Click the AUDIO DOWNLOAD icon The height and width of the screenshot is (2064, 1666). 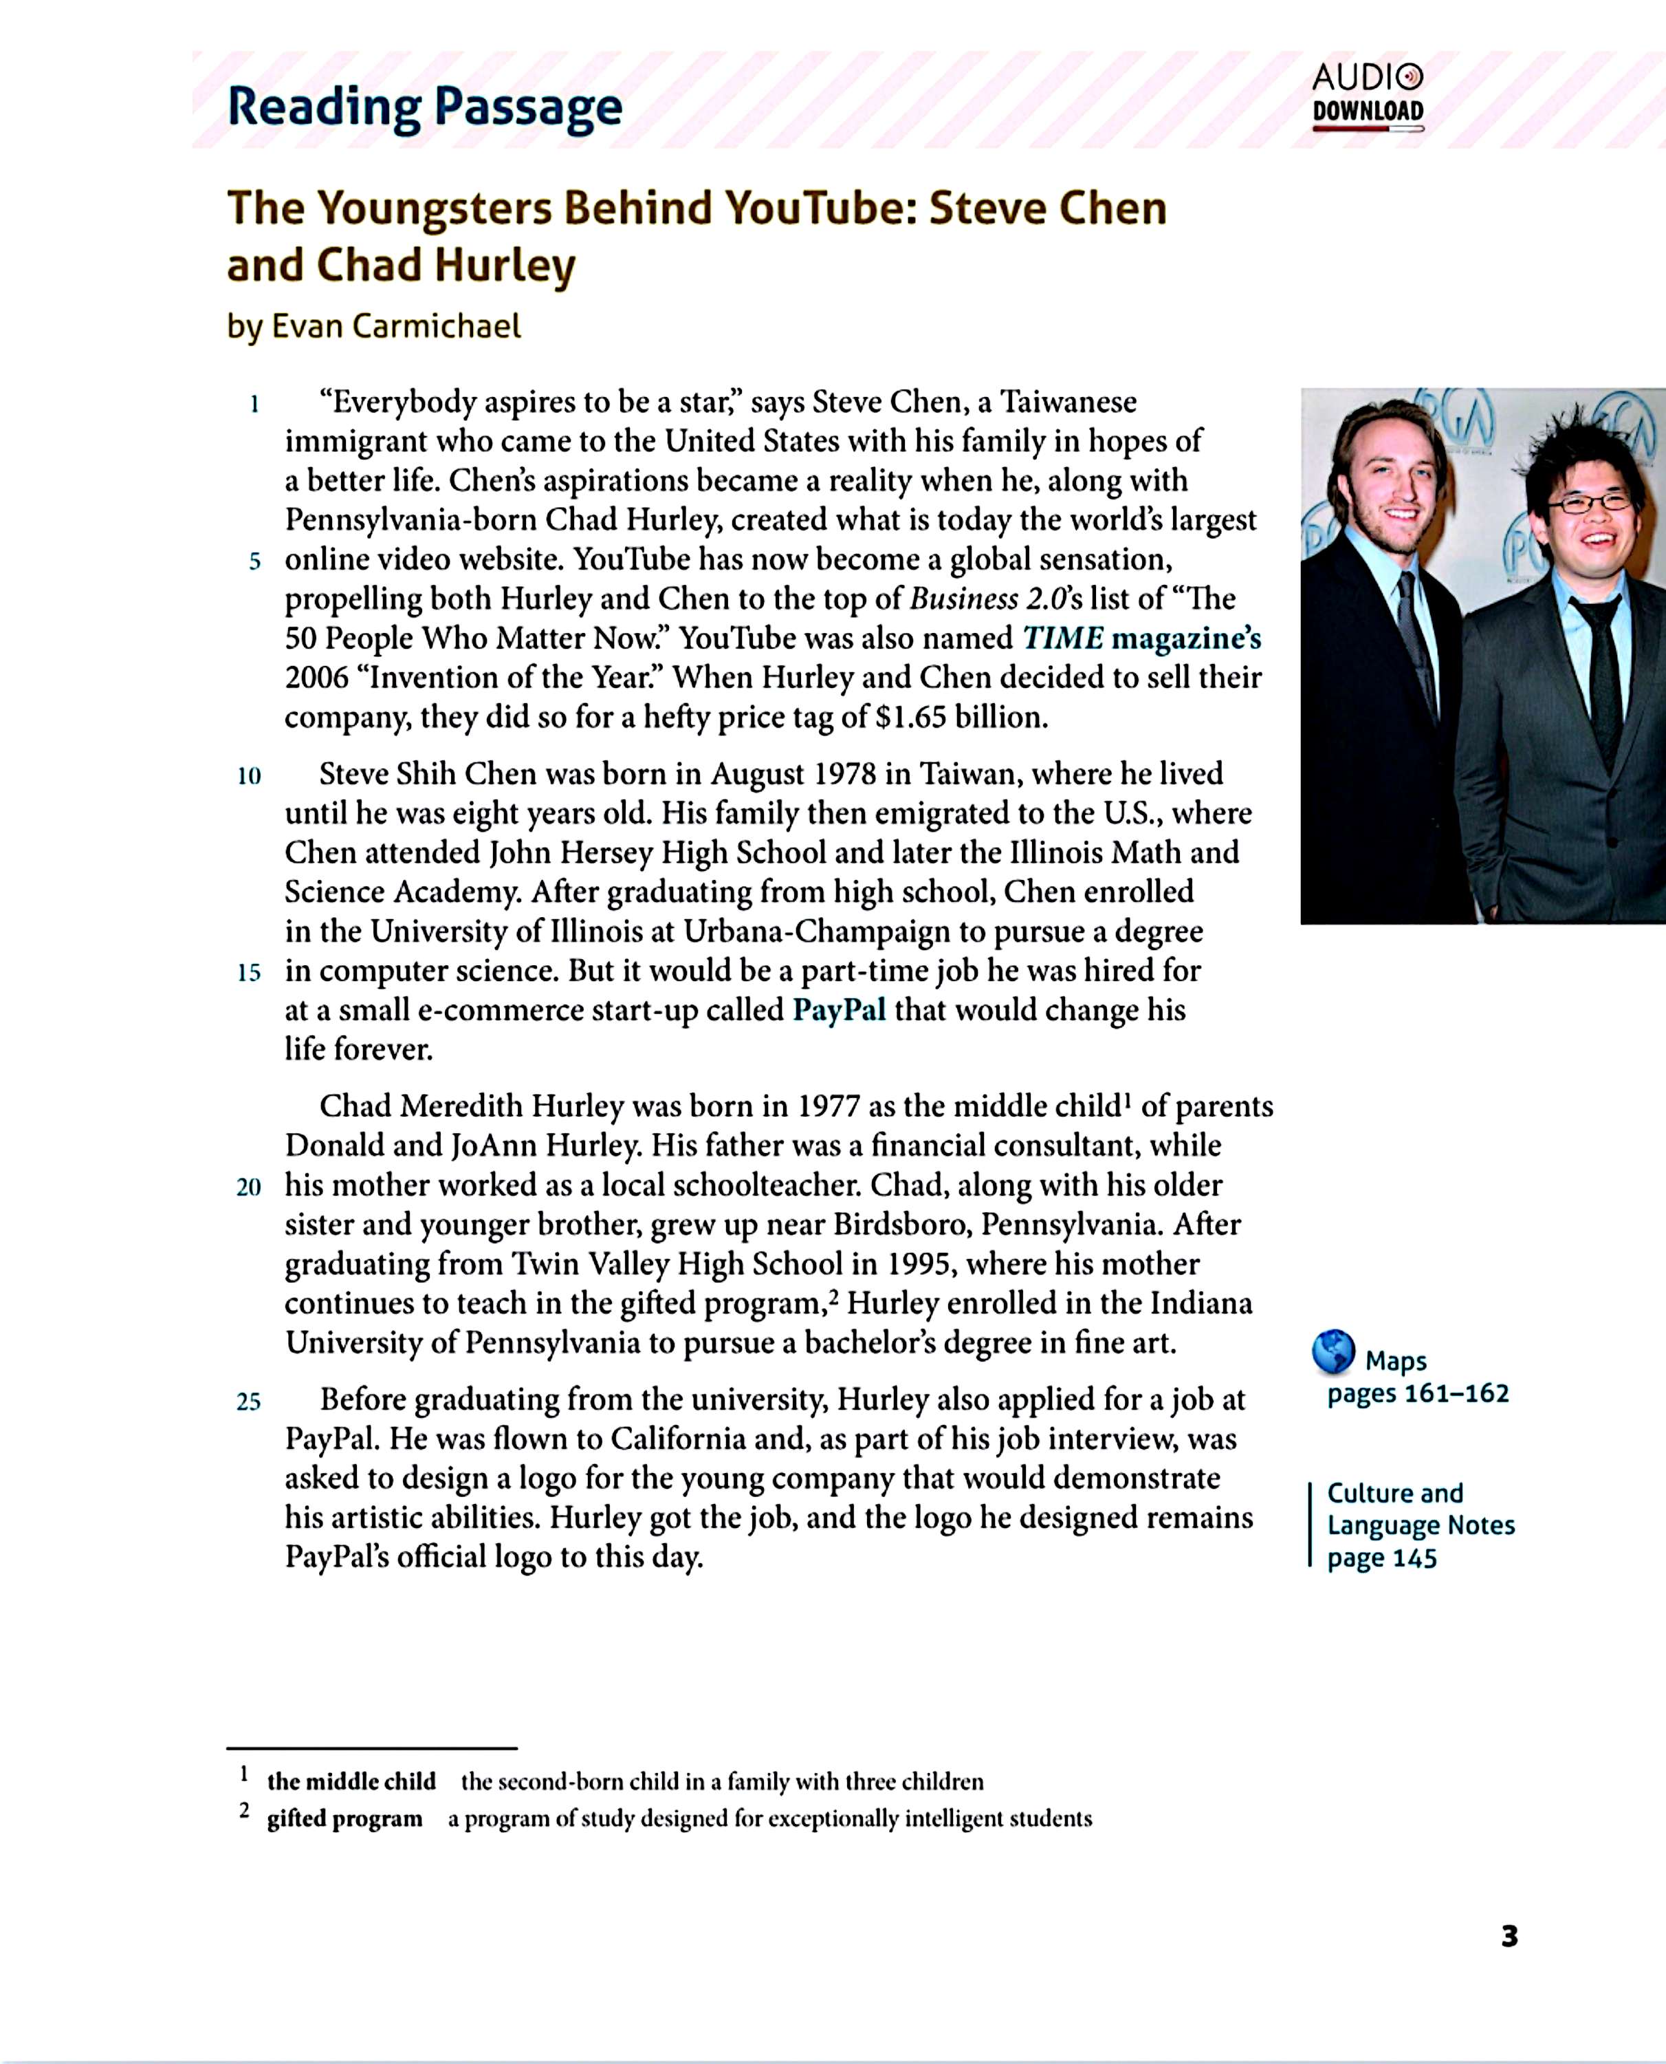[1368, 96]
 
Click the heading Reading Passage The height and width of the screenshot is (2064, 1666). [424, 107]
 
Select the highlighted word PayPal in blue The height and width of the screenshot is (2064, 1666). [839, 1010]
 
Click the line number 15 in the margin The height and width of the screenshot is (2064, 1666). [248, 972]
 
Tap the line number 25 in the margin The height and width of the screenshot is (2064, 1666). [248, 1401]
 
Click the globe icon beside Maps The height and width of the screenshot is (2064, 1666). [1333, 1351]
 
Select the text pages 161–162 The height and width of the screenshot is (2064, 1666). [1418, 1393]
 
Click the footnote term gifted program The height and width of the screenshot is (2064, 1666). [344, 1818]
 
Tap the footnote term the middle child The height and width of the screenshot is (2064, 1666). [351, 1782]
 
